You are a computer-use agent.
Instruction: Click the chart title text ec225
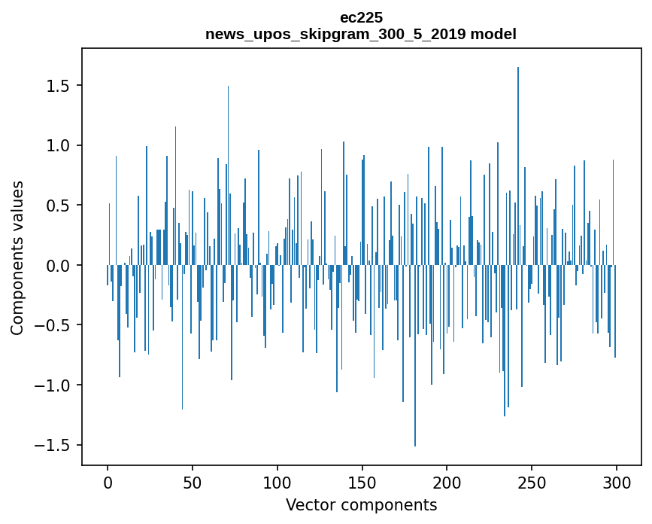[361, 18]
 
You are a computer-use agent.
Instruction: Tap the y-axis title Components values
[17, 257]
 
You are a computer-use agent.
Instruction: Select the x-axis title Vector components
[361, 504]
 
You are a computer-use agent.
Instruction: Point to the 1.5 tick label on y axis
[58, 86]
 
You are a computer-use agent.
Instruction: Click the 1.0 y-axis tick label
[58, 145]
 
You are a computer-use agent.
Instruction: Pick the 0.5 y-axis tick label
[58, 206]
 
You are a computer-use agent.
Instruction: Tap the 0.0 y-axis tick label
[58, 266]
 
